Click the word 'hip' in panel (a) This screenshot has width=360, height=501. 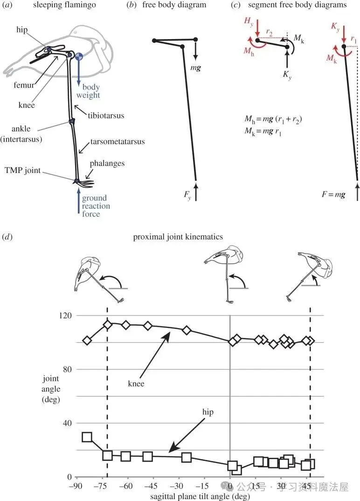[x=22, y=30]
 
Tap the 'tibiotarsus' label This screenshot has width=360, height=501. [x=106, y=115]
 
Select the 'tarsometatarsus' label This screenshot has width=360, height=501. [x=118, y=141]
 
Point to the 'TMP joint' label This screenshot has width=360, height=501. [x=23, y=170]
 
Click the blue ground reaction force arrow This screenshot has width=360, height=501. [x=79, y=200]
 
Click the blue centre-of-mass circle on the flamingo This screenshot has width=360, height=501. [x=79, y=57]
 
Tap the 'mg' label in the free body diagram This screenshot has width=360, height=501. [x=196, y=68]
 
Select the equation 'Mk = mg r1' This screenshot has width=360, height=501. [x=263, y=131]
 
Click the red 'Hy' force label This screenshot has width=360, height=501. [x=249, y=21]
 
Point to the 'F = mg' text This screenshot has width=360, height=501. [x=333, y=194]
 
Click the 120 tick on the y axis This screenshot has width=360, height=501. [x=66, y=316]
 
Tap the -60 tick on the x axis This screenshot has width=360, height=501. [x=125, y=486]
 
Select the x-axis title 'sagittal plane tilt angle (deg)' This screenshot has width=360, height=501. [x=200, y=496]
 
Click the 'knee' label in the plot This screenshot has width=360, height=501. [x=136, y=384]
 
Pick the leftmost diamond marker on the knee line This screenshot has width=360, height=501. [x=87, y=341]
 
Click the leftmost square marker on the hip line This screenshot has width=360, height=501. [x=87, y=437]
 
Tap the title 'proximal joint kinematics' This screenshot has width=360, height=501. [x=178, y=237]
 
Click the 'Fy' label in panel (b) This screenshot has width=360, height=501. [x=187, y=195]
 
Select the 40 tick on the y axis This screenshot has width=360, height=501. [x=68, y=423]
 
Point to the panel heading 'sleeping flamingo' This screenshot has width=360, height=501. [x=64, y=5]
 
